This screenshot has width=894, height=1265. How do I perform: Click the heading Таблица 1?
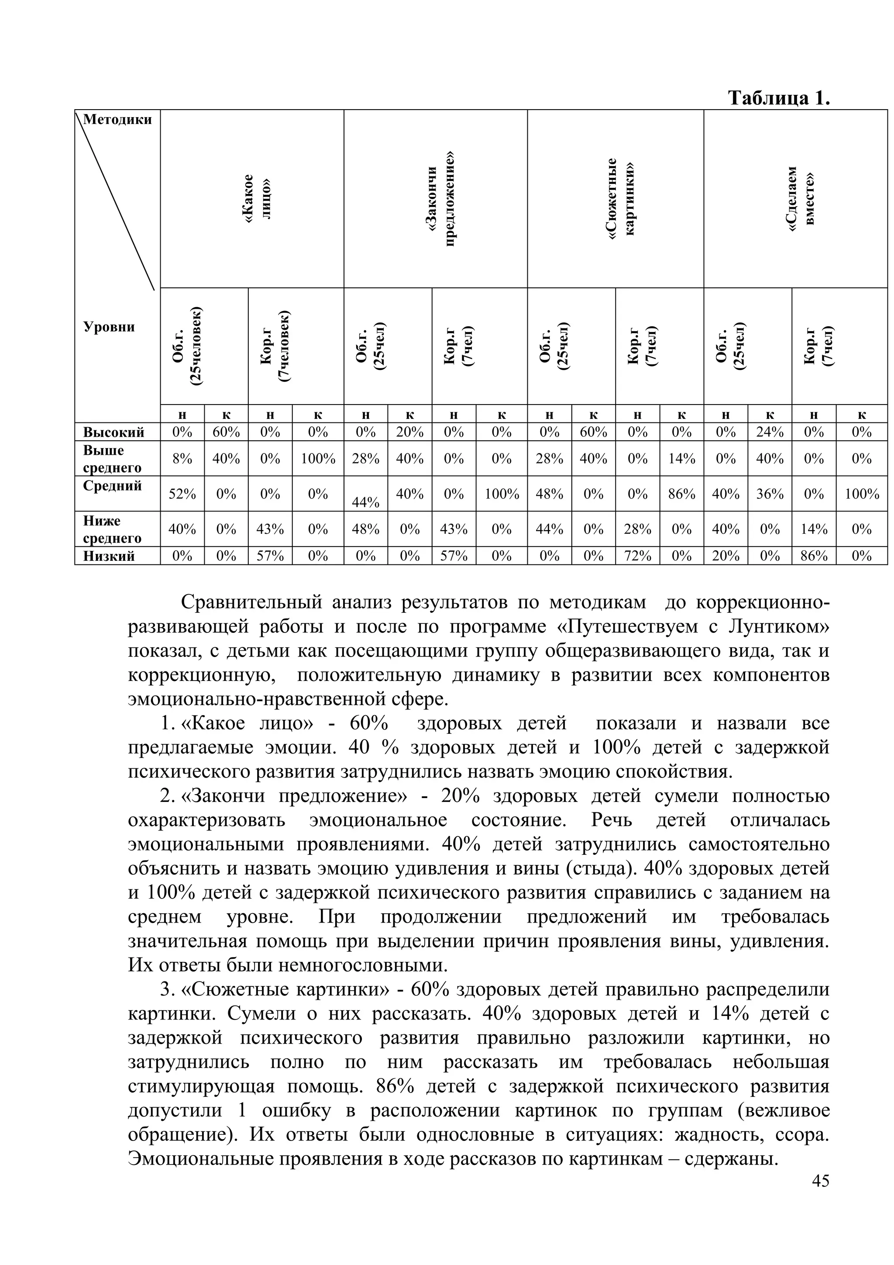[778, 98]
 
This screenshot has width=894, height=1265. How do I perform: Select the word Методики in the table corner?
[118, 120]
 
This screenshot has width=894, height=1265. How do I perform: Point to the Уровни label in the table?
[109, 327]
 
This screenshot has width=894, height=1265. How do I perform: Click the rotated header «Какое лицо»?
[257, 198]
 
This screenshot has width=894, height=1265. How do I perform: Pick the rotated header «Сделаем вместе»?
[801, 198]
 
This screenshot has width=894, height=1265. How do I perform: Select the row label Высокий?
[114, 432]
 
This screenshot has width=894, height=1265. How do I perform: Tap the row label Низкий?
[109, 556]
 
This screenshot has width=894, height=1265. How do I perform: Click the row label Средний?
[112, 486]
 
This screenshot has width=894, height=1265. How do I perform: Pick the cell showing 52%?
[182, 494]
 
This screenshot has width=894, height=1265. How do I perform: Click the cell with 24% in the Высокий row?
[769, 432]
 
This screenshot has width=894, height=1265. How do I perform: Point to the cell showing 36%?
[769, 494]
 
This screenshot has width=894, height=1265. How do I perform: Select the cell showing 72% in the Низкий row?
[637, 556]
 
